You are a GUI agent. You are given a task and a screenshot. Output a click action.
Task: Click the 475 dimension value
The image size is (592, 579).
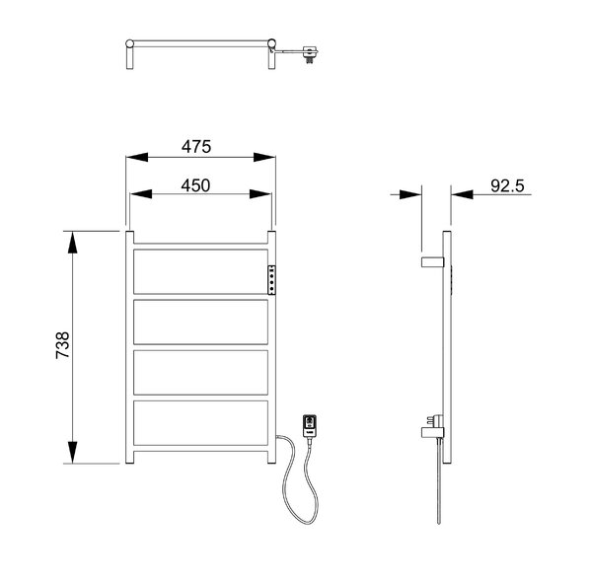[196, 146]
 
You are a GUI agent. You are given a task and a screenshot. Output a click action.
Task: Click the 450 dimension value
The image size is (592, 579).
[195, 185]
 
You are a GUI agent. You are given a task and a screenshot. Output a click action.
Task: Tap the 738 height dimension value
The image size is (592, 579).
[63, 345]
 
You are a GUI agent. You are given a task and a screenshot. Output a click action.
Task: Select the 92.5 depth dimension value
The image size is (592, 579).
[508, 185]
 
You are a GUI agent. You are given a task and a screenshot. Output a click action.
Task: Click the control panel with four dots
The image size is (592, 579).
[271, 280]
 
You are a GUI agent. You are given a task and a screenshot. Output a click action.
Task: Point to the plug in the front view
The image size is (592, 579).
[310, 426]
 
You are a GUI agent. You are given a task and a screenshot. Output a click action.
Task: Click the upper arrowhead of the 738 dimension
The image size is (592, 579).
[72, 243]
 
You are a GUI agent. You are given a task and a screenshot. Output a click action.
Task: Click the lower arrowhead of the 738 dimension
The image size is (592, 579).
[72, 452]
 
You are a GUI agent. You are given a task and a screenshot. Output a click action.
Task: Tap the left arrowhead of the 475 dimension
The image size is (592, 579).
[137, 157]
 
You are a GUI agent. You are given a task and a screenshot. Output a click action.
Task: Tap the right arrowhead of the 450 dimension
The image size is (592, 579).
[260, 194]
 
